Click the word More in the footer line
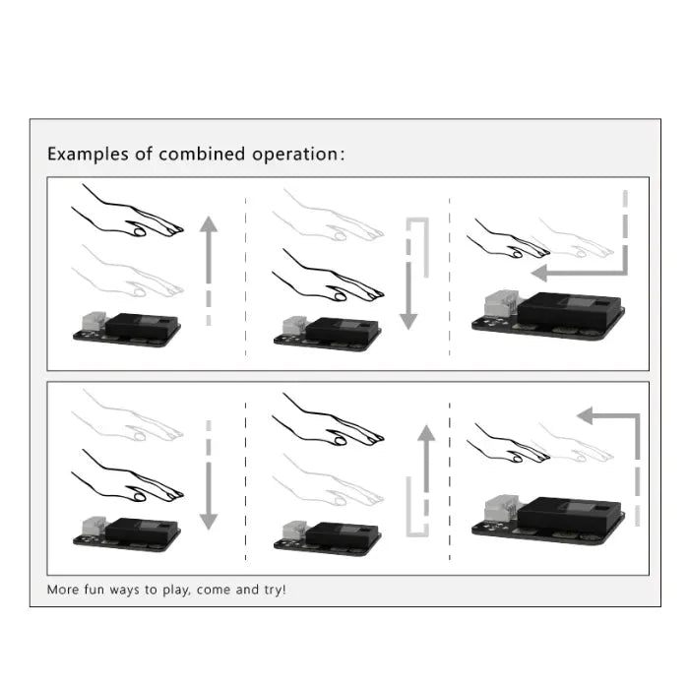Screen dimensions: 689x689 [x=64, y=590]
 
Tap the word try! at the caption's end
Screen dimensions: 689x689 [x=271, y=590]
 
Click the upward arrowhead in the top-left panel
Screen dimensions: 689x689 [x=209, y=223]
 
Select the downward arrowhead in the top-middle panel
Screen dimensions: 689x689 [x=408, y=321]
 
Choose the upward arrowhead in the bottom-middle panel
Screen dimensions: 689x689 [x=425, y=433]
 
